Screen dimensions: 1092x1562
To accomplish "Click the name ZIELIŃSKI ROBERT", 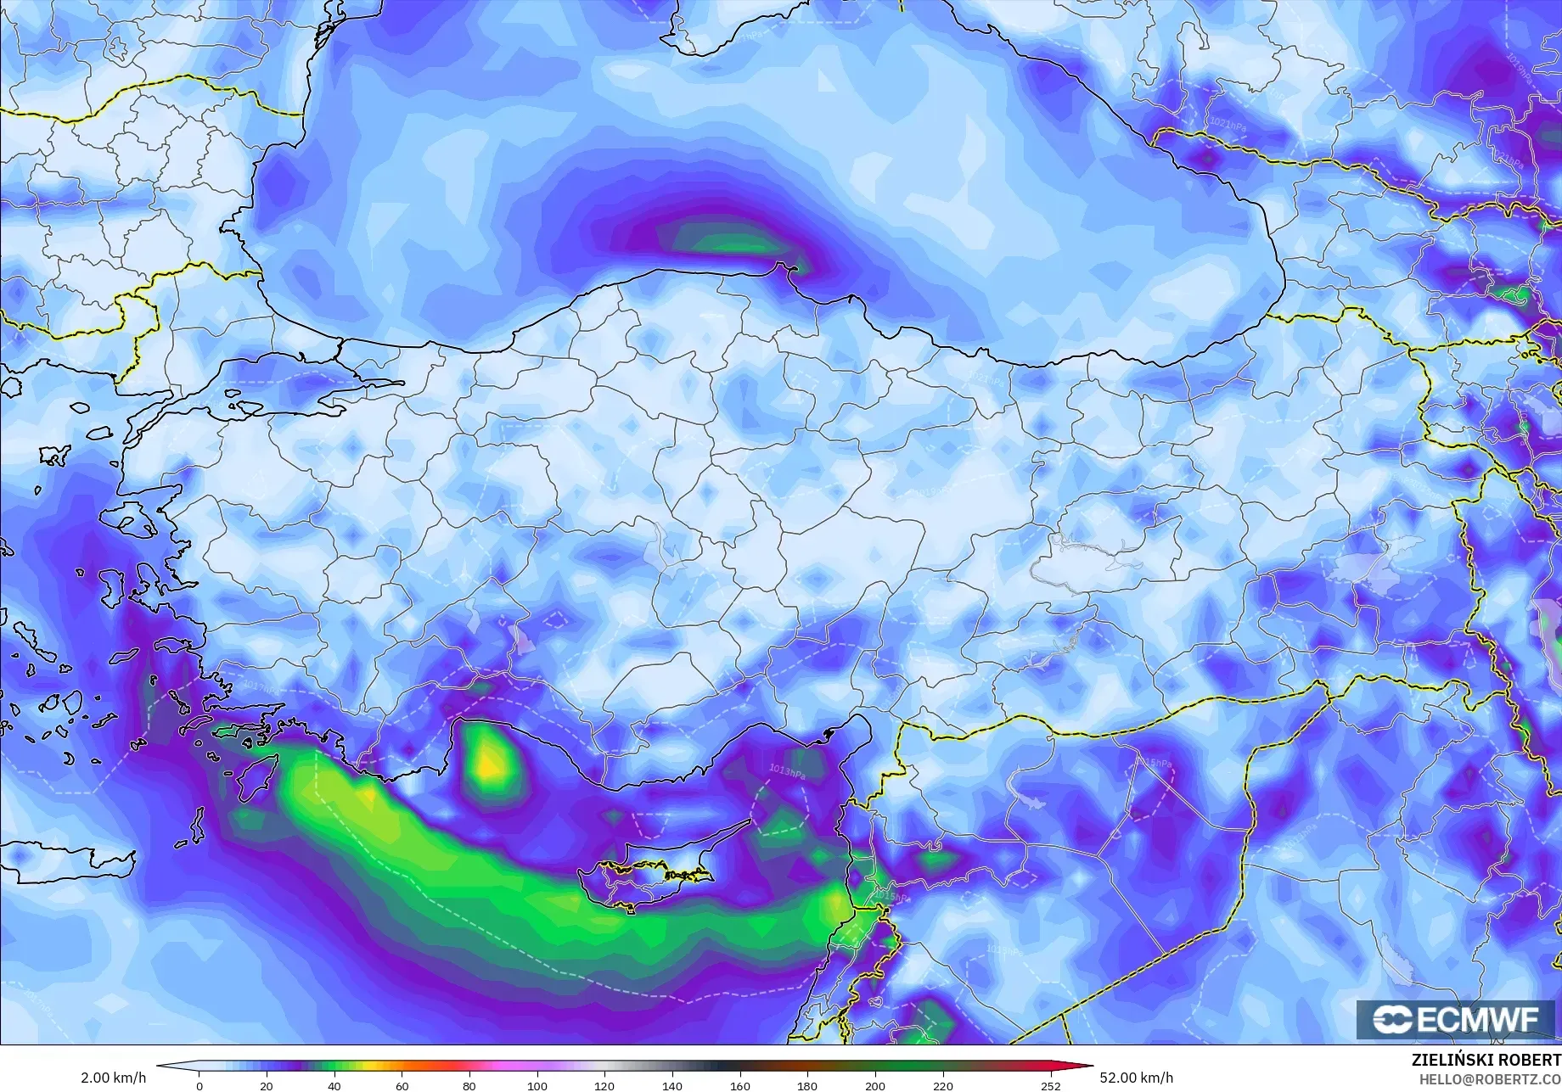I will (1486, 1061).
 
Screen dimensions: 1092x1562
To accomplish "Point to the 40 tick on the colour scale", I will (334, 1085).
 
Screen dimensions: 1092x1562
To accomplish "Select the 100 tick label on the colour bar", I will (537, 1085).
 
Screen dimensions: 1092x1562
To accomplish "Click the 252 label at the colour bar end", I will (1051, 1085).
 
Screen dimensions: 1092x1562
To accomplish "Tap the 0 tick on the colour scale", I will (199, 1085).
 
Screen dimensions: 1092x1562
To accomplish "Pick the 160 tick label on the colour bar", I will (740, 1085).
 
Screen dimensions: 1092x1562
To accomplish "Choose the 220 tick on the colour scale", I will (942, 1085).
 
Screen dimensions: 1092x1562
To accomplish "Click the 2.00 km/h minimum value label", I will (114, 1078).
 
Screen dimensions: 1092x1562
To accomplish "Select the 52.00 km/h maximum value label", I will (1137, 1078).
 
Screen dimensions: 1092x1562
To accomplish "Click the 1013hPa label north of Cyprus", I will (787, 771).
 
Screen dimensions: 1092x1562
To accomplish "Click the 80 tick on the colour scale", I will (469, 1085).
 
